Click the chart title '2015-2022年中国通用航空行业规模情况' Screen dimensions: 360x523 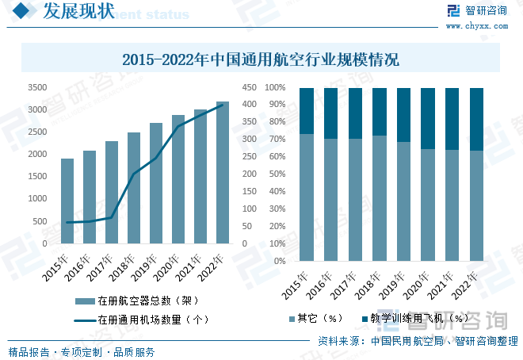[261, 59]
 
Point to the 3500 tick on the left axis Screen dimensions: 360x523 [36, 88]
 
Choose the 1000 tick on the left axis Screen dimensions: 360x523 [36, 199]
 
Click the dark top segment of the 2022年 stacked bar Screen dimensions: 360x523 [476, 119]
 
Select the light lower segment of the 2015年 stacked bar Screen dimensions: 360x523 [307, 197]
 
